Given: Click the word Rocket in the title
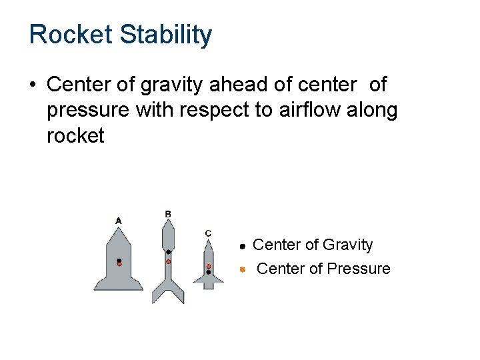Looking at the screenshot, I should (71, 35).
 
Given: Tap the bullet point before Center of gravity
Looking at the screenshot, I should (33, 85).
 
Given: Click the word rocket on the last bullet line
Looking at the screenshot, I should (75, 136).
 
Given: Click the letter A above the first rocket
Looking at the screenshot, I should (119, 220).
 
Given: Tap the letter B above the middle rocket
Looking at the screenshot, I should (168, 214).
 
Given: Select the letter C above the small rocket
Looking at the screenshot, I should (208, 233).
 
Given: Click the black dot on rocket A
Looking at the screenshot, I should (119, 261).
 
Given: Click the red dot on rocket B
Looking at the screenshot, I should (168, 262).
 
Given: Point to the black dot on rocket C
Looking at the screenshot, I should (209, 272).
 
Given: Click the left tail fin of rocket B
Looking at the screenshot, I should (157, 293).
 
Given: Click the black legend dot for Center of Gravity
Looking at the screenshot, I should (244, 246).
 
